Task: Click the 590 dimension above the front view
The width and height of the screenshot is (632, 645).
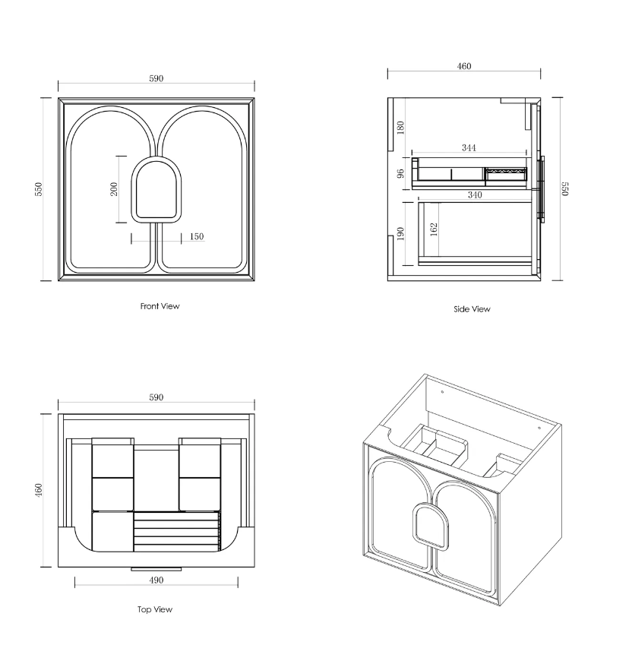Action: pos(156,78)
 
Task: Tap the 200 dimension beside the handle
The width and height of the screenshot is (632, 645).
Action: pos(114,189)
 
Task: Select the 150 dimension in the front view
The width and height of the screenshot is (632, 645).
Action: pos(197,236)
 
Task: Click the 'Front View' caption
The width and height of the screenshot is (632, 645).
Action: pos(160,306)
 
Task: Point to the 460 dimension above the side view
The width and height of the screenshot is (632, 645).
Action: pos(464,66)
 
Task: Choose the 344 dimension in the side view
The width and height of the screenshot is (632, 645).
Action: pos(469,147)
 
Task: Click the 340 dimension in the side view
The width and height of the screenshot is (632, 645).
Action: pos(475,194)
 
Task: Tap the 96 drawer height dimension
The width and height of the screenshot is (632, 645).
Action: pos(400,173)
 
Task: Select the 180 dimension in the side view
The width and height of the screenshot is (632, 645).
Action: pos(400,127)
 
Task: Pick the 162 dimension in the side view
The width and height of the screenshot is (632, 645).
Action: pos(434,229)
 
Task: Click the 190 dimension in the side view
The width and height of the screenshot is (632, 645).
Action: pos(400,234)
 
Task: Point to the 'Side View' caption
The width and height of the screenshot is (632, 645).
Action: pos(472,309)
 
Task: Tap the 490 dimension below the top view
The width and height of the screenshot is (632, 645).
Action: pos(156,580)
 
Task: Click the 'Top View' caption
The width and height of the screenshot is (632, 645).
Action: pos(155,609)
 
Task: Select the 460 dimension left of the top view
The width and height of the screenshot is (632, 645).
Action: pos(38,490)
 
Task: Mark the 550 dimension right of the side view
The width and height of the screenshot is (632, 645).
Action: pos(565,189)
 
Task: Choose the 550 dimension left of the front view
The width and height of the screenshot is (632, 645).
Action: pos(38,189)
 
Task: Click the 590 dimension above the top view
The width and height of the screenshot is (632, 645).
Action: pos(156,397)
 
